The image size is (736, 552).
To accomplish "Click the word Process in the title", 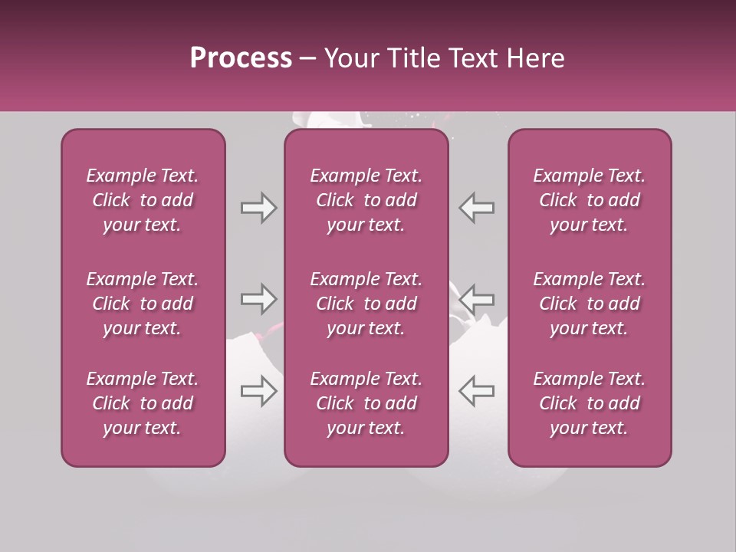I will [x=241, y=58].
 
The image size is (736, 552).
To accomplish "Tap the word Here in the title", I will [x=534, y=58].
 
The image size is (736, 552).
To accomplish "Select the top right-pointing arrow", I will [x=258, y=208].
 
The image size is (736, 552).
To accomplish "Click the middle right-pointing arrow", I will [x=258, y=298].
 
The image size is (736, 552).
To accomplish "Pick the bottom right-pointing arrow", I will [x=258, y=390].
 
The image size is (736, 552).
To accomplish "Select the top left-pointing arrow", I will [x=477, y=208].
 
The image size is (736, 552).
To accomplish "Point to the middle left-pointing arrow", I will [x=477, y=298].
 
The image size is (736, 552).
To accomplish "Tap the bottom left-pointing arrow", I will [x=477, y=390].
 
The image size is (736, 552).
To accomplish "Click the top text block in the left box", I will [x=143, y=200].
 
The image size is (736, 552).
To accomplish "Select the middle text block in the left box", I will [x=143, y=304].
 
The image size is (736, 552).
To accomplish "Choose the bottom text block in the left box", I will [x=143, y=403].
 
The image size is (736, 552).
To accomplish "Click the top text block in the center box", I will [x=366, y=200].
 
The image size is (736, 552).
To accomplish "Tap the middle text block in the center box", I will [x=366, y=304].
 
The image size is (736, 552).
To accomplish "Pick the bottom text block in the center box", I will [x=366, y=403].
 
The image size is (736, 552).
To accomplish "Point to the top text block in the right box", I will [x=589, y=200].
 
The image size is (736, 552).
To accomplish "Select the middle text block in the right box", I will [x=589, y=304].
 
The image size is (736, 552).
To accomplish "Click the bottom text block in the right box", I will [x=589, y=403].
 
